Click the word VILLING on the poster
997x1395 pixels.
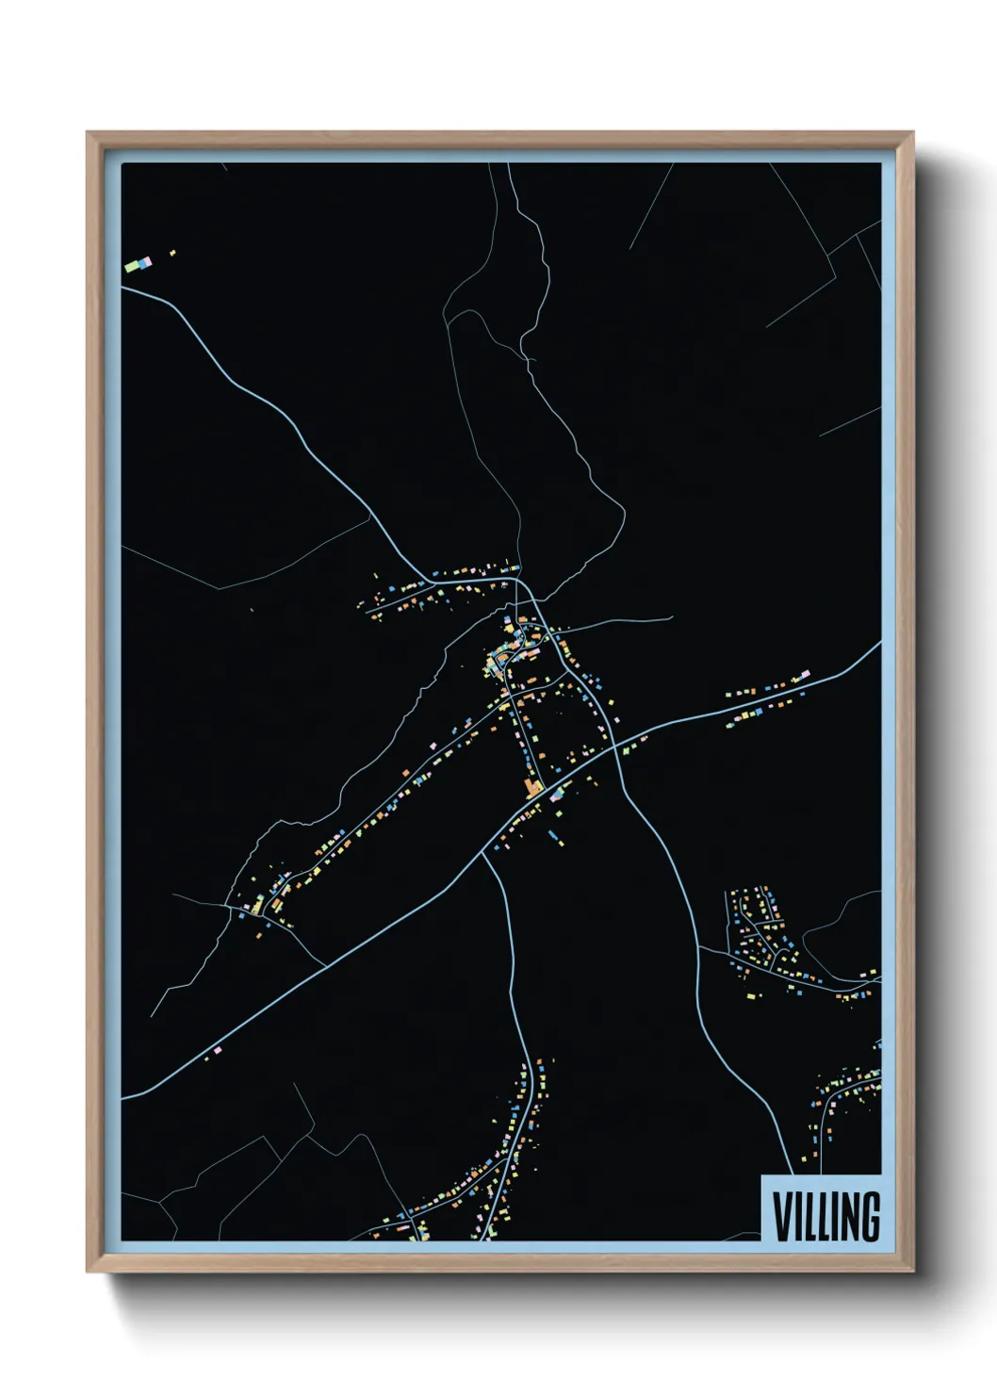tap(826, 1217)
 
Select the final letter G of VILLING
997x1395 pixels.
tap(870, 1217)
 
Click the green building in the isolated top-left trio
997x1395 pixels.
tap(133, 267)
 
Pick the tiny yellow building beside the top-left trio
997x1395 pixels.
tap(172, 253)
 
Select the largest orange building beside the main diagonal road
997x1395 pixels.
tap(533, 788)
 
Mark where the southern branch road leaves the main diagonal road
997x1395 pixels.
tap(483, 854)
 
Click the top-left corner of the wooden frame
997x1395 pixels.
tap(88, 133)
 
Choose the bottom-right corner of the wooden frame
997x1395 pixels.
tap(912, 1272)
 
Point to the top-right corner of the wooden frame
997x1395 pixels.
tap(912, 133)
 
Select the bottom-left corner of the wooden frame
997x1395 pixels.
tap(88, 1272)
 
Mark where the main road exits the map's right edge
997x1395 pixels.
tap(880, 643)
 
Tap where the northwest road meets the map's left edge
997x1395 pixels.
tap(123, 287)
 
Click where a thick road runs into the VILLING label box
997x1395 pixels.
tap(789, 1174)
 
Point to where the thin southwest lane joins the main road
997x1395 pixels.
tap(326, 966)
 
